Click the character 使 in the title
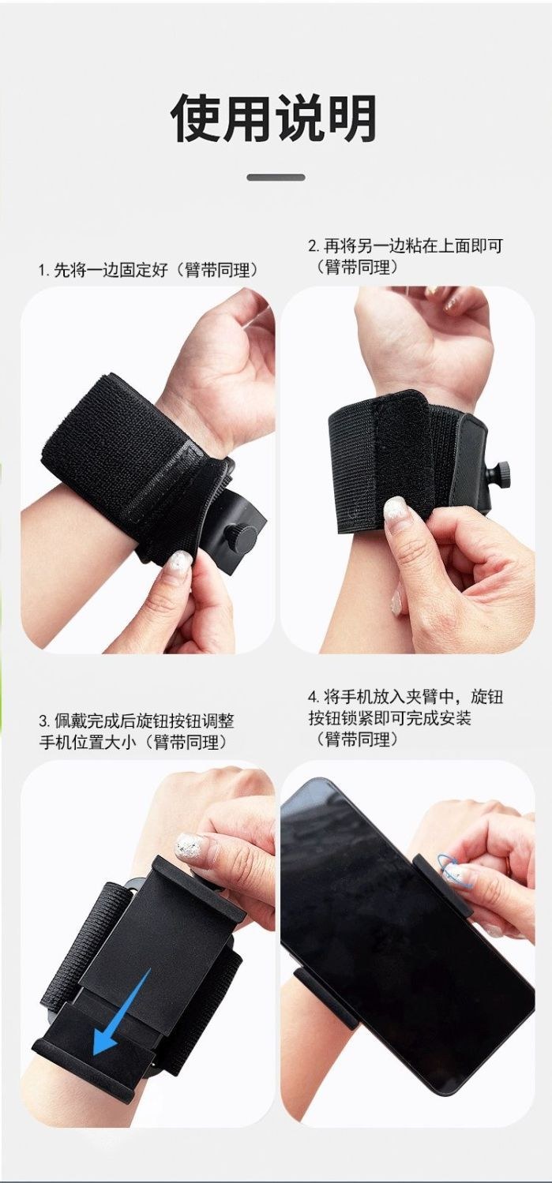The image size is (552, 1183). point(197,118)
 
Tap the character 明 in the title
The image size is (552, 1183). point(351,118)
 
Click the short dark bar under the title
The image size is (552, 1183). point(276,178)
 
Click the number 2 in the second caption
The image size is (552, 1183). point(313,246)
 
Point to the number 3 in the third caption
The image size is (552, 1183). point(43,721)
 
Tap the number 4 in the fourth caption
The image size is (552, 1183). point(313,697)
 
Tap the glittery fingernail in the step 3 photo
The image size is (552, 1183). point(189,848)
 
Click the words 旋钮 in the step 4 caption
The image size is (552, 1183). point(486,697)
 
